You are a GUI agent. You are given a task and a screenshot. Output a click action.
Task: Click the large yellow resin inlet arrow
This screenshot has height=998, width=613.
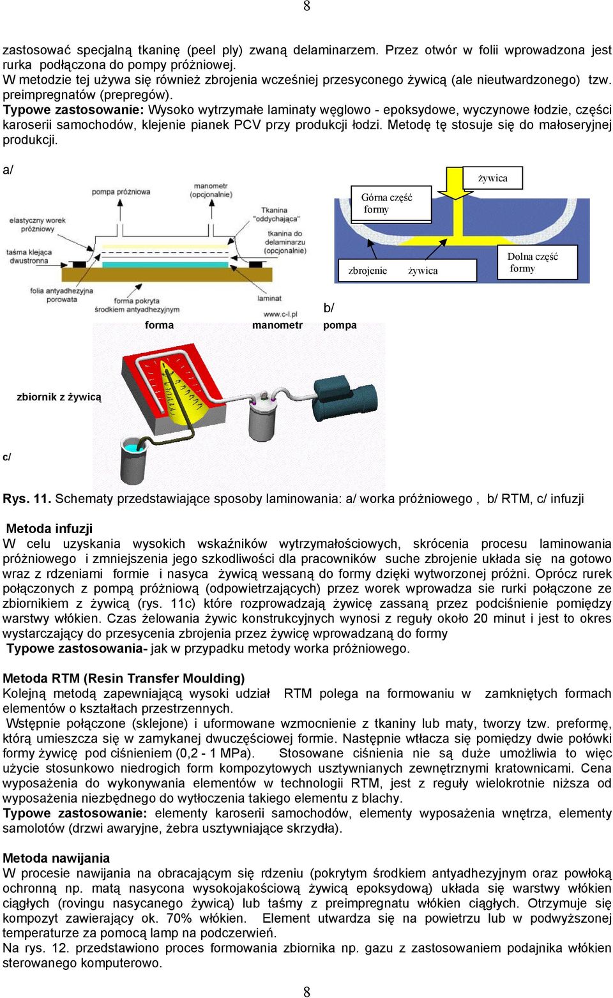pos(455,183)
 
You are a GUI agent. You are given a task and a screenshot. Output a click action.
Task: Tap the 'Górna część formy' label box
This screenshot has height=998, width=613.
pos(391,204)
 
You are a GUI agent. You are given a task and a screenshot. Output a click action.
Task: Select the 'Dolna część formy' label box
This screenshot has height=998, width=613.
pos(537,262)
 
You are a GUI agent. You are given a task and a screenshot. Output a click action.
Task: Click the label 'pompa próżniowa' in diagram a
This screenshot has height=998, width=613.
pos(121,192)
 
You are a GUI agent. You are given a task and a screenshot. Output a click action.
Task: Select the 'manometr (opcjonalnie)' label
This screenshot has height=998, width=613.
pos(211,190)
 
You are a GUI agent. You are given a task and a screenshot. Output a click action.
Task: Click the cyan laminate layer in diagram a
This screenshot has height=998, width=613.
pos(165,264)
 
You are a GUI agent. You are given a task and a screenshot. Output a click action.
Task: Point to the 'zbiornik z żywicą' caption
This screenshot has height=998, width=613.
pos(59,397)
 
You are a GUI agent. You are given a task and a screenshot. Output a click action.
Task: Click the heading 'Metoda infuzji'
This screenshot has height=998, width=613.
pos(49,529)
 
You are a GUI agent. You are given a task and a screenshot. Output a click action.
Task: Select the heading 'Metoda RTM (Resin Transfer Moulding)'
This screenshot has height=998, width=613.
pos(124,679)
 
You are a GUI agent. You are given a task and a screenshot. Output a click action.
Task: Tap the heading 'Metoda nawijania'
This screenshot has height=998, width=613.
pos(56,858)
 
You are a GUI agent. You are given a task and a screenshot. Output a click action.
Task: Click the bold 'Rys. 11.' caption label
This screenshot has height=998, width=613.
pos(27,499)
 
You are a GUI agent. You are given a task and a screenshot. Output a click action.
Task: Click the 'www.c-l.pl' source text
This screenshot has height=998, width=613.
pos(280,314)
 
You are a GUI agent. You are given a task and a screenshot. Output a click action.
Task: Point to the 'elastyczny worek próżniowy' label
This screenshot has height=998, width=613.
pos(38,225)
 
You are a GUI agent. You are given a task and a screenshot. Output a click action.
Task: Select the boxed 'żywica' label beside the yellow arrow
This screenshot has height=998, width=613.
pos(493,178)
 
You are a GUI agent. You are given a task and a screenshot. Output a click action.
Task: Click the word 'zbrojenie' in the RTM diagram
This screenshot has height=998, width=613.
pos(368,271)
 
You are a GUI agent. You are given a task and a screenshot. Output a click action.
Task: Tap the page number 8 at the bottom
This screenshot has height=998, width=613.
pos(307,992)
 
